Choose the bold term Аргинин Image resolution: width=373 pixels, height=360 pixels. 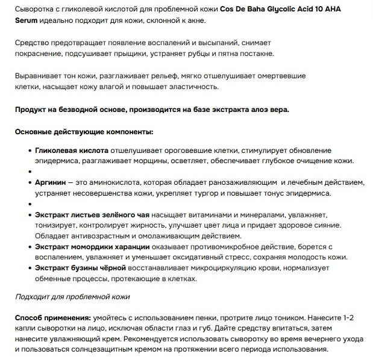pos(51,182)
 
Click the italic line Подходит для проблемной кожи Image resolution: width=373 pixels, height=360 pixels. pos(72,297)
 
